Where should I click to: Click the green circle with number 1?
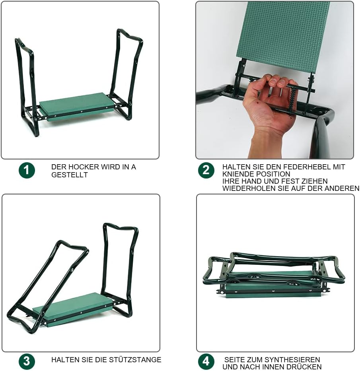27,170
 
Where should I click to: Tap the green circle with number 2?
206,170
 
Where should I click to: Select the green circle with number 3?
27,361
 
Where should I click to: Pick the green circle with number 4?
206,361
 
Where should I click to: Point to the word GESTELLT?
70,175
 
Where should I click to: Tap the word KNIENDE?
239,174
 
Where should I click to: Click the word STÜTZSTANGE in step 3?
138,359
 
